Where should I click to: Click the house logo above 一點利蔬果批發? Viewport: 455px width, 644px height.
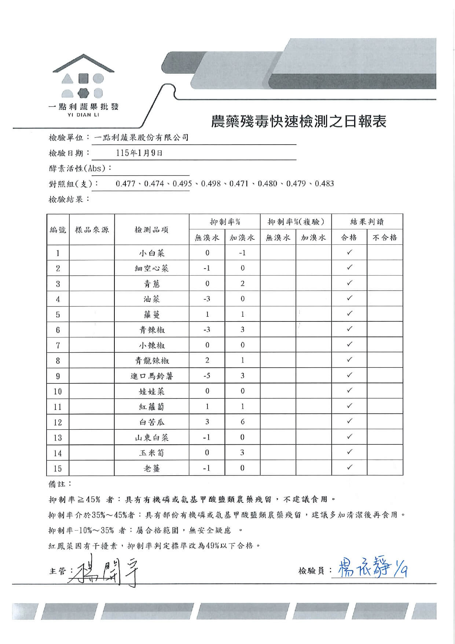[x=83, y=77]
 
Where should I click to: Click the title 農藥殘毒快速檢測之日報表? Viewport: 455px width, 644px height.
[x=298, y=121]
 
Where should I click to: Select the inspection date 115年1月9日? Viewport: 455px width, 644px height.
[x=139, y=153]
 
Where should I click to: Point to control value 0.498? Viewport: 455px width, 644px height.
[x=211, y=183]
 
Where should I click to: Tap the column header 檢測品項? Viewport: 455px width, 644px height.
[x=151, y=230]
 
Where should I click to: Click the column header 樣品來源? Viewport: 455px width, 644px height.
[x=92, y=230]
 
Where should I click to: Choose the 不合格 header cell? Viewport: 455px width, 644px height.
[x=385, y=237]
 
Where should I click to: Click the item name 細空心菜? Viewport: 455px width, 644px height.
[x=151, y=268]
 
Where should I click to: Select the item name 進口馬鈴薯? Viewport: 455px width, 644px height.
[x=151, y=376]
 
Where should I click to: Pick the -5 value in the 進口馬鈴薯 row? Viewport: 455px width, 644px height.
[x=207, y=376]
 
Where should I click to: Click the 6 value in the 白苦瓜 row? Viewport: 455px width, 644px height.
[x=242, y=422]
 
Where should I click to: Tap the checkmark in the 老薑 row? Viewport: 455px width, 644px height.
[x=349, y=467]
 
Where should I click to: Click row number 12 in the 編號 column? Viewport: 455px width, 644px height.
[x=58, y=422]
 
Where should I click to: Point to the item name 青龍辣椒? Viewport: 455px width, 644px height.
[x=151, y=361]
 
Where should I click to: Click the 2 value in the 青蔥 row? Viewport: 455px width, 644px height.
[x=242, y=284]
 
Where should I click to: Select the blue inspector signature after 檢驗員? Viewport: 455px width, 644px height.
[x=370, y=568]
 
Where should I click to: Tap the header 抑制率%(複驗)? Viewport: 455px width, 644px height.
[x=296, y=222]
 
